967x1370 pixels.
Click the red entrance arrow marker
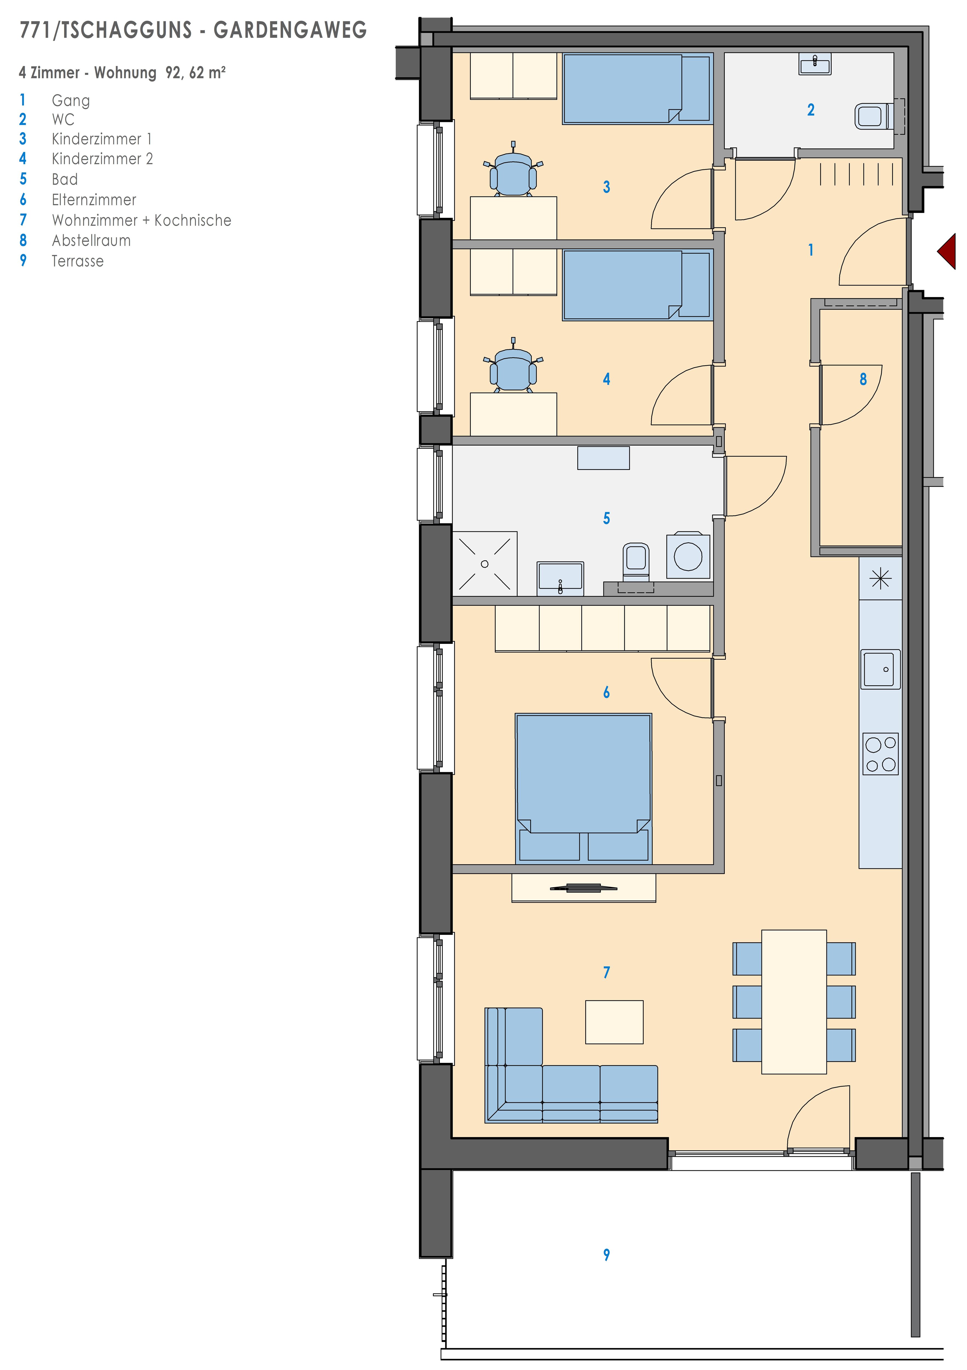(947, 251)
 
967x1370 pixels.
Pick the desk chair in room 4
(513, 365)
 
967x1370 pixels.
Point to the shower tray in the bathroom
(484, 563)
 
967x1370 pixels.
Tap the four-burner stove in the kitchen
(880, 754)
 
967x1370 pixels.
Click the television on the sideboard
(583, 887)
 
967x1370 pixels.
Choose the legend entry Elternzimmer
(94, 200)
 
